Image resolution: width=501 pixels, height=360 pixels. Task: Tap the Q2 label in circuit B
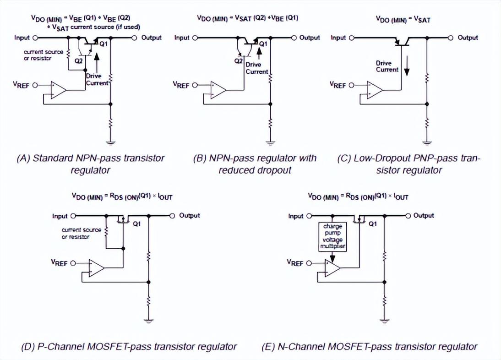(x=238, y=61)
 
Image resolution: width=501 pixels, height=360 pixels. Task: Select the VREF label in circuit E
(x=295, y=262)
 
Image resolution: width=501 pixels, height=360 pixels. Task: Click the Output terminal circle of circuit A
(x=135, y=38)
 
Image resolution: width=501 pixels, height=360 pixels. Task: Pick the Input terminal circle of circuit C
(x=352, y=38)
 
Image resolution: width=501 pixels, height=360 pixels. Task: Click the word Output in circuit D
(x=189, y=215)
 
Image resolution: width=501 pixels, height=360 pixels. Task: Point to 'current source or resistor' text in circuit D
(x=76, y=233)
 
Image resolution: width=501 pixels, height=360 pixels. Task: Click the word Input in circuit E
(x=296, y=216)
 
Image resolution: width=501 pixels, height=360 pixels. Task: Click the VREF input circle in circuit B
(x=194, y=85)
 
